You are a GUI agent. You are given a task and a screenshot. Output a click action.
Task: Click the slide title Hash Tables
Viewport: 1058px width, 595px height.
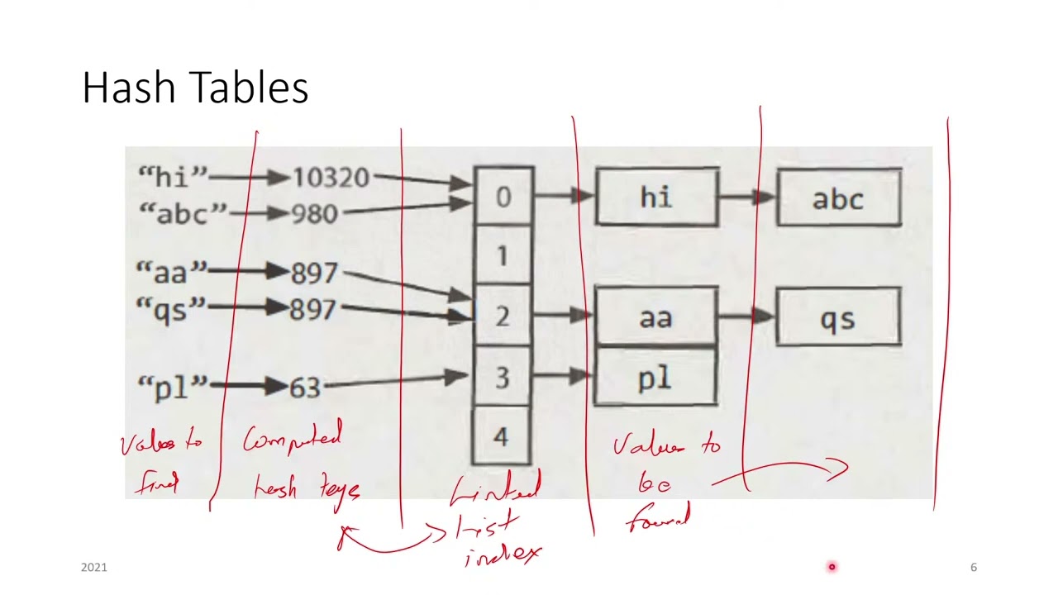(195, 88)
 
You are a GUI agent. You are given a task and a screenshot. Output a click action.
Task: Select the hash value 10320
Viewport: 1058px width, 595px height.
(331, 178)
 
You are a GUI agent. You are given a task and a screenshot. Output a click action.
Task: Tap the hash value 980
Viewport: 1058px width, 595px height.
(314, 214)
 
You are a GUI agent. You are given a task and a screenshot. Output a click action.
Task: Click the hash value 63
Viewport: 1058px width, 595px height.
(305, 386)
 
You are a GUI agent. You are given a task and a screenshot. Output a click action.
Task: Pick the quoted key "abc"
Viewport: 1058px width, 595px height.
(182, 214)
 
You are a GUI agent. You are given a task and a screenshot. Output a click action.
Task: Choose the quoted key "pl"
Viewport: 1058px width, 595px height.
(172, 387)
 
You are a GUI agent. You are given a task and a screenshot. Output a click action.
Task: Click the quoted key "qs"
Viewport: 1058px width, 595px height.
(169, 309)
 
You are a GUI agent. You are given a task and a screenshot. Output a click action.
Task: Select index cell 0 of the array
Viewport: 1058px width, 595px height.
(503, 197)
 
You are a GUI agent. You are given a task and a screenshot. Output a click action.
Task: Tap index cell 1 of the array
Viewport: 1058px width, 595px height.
(503, 256)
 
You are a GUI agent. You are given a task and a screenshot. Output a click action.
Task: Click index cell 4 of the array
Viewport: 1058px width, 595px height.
(501, 436)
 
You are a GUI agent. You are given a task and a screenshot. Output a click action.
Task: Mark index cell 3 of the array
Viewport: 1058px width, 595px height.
(502, 378)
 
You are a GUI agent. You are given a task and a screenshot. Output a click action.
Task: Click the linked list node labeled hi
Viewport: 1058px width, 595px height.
(656, 197)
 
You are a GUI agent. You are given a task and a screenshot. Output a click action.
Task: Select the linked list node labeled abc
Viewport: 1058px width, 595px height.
(838, 198)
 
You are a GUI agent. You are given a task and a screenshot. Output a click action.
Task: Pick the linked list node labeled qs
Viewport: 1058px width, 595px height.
(838, 317)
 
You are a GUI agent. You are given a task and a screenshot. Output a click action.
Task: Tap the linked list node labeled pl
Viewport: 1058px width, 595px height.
(655, 378)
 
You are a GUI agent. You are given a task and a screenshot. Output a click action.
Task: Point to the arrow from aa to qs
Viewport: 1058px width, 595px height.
(746, 316)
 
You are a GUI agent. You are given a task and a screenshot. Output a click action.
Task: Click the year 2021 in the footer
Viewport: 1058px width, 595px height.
(94, 567)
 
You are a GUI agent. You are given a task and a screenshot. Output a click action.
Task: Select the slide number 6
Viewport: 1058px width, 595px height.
(973, 567)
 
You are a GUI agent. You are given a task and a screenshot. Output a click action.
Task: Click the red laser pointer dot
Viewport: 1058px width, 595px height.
(832, 567)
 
